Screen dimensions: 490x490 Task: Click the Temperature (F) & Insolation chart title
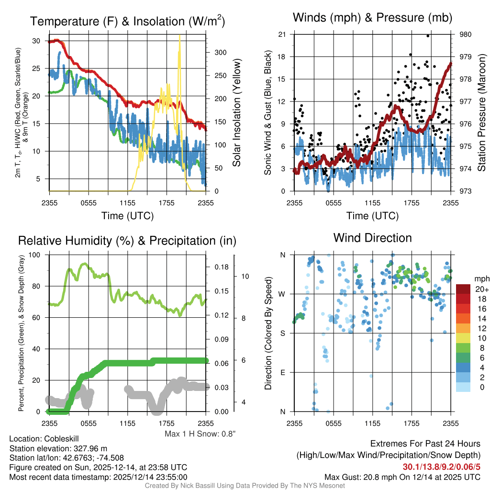(127, 21)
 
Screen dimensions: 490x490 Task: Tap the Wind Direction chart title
(372, 237)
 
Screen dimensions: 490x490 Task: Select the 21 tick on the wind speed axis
(282, 34)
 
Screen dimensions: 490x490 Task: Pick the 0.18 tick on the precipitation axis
(222, 267)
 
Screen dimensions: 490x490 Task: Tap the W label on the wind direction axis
(282, 294)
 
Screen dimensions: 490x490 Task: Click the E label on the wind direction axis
(282, 372)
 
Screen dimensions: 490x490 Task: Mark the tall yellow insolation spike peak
(179, 36)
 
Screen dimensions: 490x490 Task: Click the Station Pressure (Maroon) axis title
(482, 113)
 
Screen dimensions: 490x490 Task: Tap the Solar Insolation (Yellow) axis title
(236, 113)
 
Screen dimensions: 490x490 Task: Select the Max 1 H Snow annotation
(200, 434)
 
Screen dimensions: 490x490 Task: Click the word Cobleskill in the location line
(61, 438)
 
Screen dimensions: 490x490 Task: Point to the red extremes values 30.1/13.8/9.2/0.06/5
(442, 467)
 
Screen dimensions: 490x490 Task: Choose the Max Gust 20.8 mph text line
(402, 477)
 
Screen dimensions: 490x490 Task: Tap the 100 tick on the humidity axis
(36, 255)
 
